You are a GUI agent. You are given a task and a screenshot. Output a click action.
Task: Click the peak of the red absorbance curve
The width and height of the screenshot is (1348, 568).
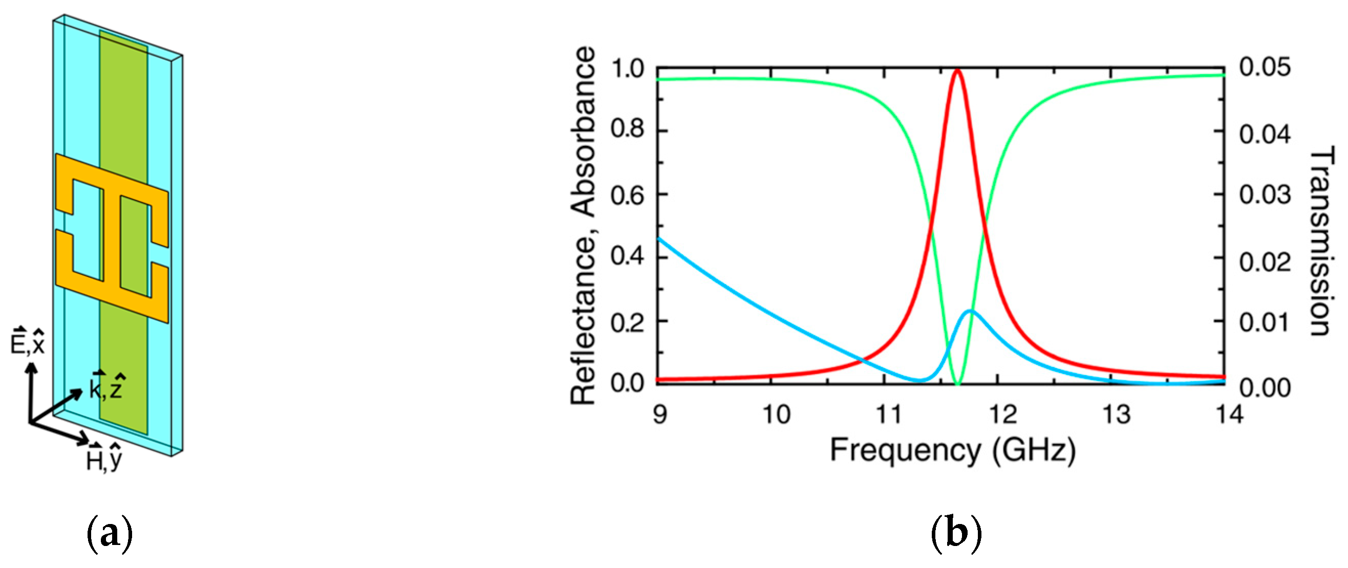tap(957, 70)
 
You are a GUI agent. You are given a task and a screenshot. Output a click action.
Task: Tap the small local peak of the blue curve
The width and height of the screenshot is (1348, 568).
tap(970, 311)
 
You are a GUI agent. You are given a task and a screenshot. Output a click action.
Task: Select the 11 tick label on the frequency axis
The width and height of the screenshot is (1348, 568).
tap(889, 415)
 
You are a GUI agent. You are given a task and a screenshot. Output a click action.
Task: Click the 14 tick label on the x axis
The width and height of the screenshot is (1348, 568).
tap(1228, 415)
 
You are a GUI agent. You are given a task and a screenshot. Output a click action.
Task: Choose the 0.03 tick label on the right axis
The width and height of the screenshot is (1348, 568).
tap(1264, 195)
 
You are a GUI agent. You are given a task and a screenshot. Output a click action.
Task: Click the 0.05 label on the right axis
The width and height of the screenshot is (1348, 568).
tap(1264, 68)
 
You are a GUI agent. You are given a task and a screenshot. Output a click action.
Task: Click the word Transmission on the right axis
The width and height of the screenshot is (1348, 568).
tap(1321, 241)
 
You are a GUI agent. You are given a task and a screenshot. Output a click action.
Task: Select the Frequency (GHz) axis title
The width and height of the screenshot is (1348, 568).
tap(952, 451)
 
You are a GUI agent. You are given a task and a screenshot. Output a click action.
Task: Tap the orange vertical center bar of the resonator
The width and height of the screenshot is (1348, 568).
tap(111, 241)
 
